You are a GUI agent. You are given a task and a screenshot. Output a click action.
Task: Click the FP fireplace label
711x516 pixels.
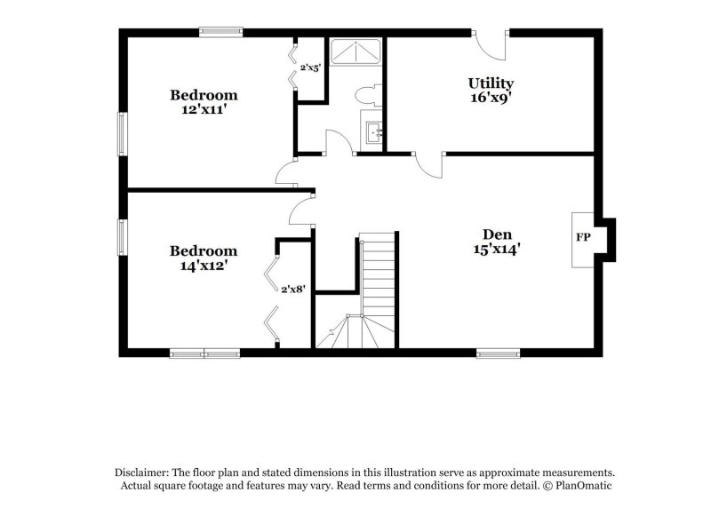click(583, 238)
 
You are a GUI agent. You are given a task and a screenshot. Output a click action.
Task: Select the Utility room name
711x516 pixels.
click(491, 83)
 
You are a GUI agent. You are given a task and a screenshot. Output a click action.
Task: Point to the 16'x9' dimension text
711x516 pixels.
click(491, 99)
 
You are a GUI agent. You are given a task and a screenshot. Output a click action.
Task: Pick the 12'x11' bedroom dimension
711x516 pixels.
click(204, 110)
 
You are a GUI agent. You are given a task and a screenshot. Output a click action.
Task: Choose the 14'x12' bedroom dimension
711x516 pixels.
click(204, 265)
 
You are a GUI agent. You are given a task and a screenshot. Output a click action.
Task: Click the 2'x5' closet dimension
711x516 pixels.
click(310, 67)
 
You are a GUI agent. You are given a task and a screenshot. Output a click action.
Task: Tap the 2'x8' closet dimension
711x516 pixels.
click(294, 289)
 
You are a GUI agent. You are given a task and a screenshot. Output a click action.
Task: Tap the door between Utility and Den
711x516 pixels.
click(430, 163)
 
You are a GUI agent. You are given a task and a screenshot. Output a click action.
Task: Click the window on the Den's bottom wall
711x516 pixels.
click(498, 353)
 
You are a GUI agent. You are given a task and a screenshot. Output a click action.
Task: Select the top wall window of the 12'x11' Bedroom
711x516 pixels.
click(220, 33)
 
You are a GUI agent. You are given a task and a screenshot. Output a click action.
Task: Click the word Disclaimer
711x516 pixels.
click(142, 473)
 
